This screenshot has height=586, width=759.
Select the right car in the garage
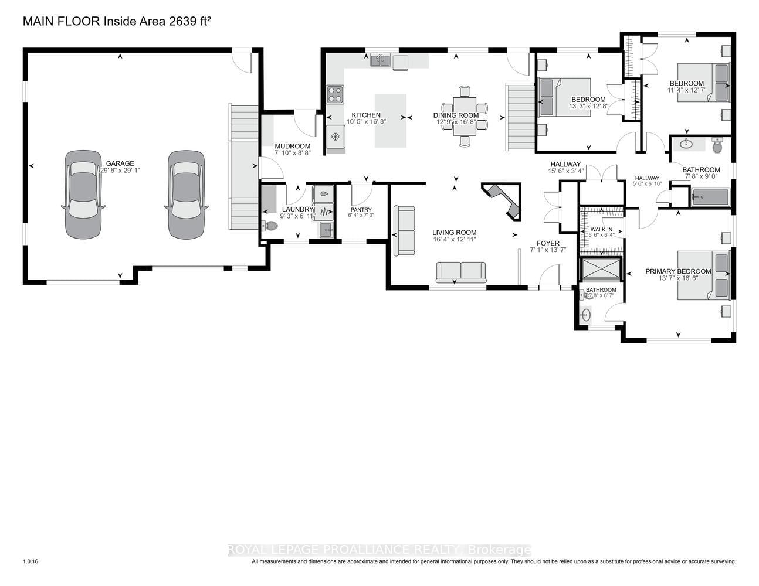coord(187,194)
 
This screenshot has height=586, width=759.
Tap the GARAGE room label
coord(120,163)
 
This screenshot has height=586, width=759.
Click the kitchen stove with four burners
coord(335,94)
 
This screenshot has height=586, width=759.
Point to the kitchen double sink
coord(381,60)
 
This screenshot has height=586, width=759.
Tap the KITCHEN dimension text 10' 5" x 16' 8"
coord(365,122)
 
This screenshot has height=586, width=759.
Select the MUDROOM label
coord(292,146)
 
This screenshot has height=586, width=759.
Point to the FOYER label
coord(548,243)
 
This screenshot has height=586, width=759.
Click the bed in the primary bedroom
coord(704,275)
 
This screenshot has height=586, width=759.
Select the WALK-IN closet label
coord(601,229)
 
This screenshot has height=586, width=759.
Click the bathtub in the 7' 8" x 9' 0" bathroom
coord(710,197)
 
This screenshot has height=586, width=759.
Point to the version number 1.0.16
coord(31,561)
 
